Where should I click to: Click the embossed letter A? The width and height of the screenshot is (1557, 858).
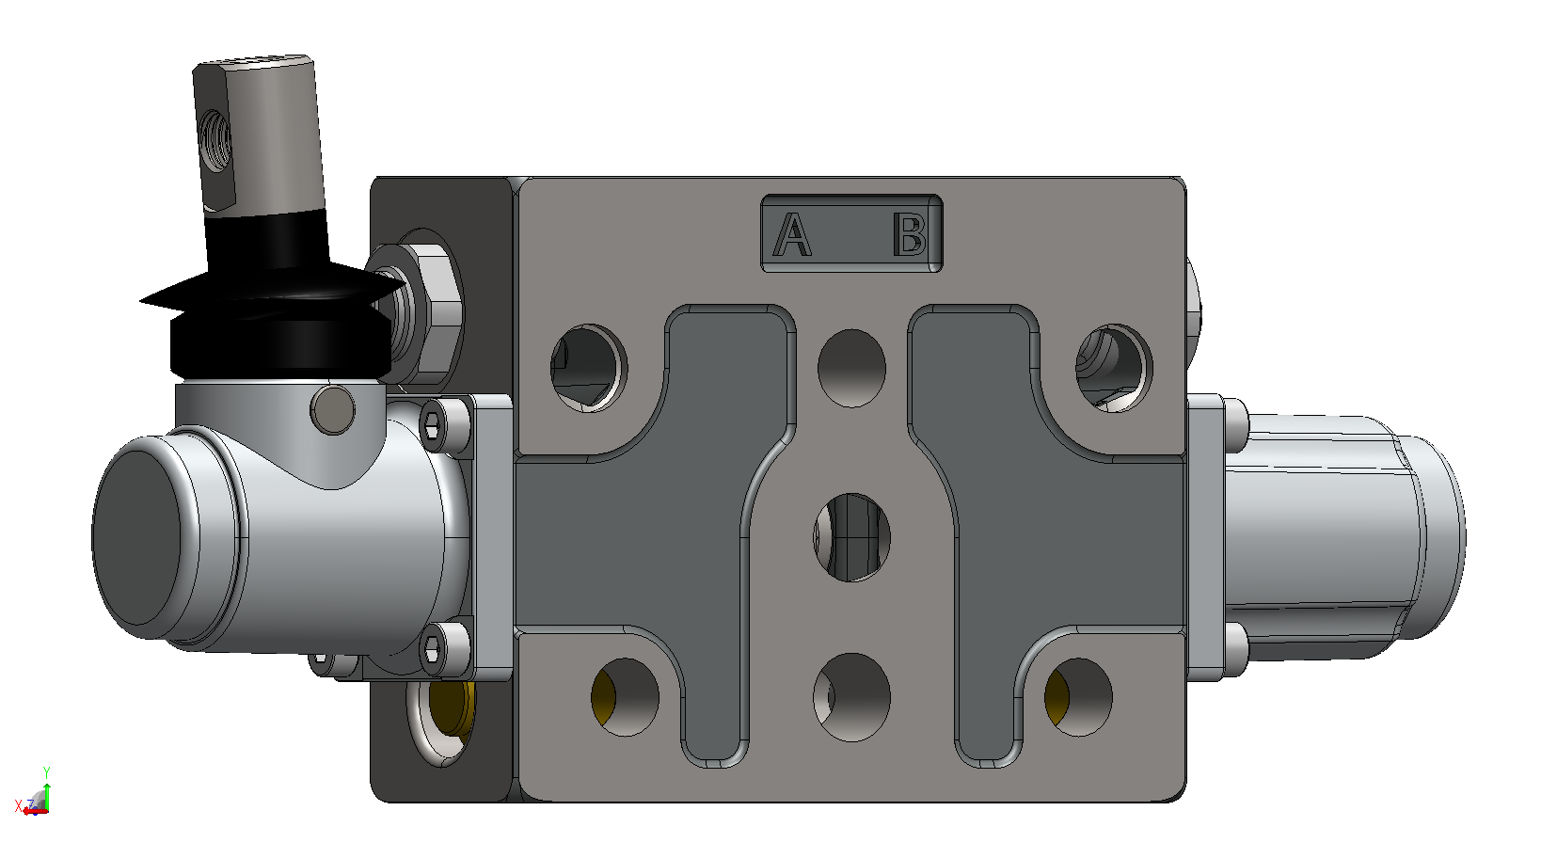792,234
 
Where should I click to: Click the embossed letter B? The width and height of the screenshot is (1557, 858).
910,234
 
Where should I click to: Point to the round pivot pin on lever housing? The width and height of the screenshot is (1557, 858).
332,410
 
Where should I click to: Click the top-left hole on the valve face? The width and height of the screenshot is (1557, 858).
589,368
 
